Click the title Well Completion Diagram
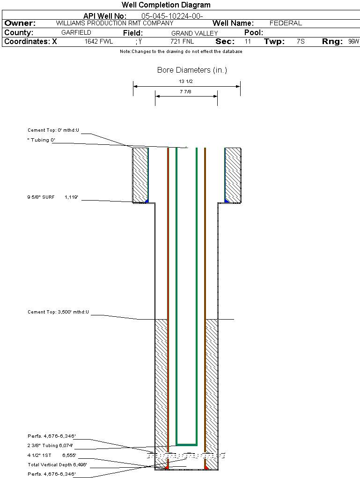(166, 5)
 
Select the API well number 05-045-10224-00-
(172, 16)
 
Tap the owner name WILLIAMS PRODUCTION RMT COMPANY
(114, 23)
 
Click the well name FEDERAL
(286, 23)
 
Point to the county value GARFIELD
(76, 33)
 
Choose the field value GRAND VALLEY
(194, 33)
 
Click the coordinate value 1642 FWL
(99, 42)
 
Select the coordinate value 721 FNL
(182, 42)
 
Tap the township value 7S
(301, 42)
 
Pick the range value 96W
(353, 42)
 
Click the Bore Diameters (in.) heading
(192, 70)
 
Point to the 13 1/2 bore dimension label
(186, 81)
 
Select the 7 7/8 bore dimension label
(186, 92)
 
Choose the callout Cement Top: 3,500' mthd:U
(58, 312)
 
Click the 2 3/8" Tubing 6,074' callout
(50, 446)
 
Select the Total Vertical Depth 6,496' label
(57, 465)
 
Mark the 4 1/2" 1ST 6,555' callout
(51, 456)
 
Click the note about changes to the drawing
(181, 52)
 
